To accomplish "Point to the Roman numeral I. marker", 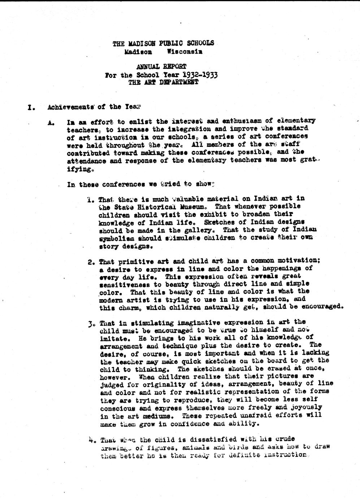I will (31, 107).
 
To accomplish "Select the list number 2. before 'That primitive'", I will (91, 262).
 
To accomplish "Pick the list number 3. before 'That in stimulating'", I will (91, 323).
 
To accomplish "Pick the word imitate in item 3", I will (112, 339).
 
